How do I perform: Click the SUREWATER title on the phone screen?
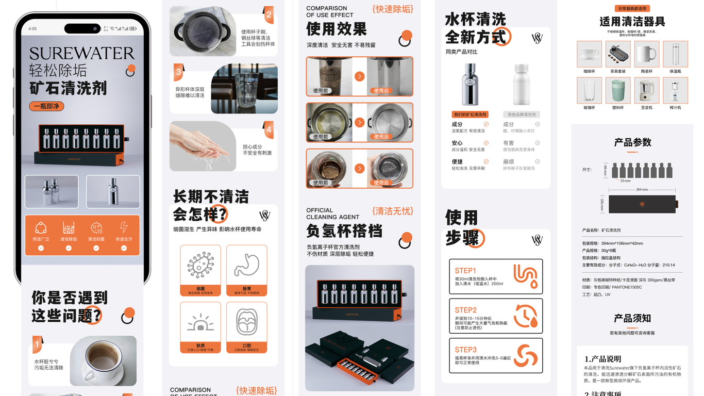click(81, 54)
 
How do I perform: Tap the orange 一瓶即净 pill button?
click(46, 106)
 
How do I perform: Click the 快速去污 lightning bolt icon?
click(124, 228)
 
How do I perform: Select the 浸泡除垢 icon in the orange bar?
click(69, 228)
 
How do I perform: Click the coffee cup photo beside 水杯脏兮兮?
click(103, 360)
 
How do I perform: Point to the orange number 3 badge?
click(178, 72)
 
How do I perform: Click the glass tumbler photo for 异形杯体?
click(244, 89)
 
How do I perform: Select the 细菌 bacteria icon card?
click(200, 265)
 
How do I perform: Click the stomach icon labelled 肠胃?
click(246, 265)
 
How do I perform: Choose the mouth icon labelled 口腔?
click(246, 322)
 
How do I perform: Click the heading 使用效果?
click(336, 29)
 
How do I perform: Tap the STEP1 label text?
click(465, 271)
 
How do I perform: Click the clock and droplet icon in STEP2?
click(526, 316)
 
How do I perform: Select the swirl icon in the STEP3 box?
click(526, 355)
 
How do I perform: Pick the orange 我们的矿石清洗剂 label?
click(470, 114)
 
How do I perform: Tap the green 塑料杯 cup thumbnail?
click(617, 90)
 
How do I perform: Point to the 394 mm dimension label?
click(642, 190)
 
